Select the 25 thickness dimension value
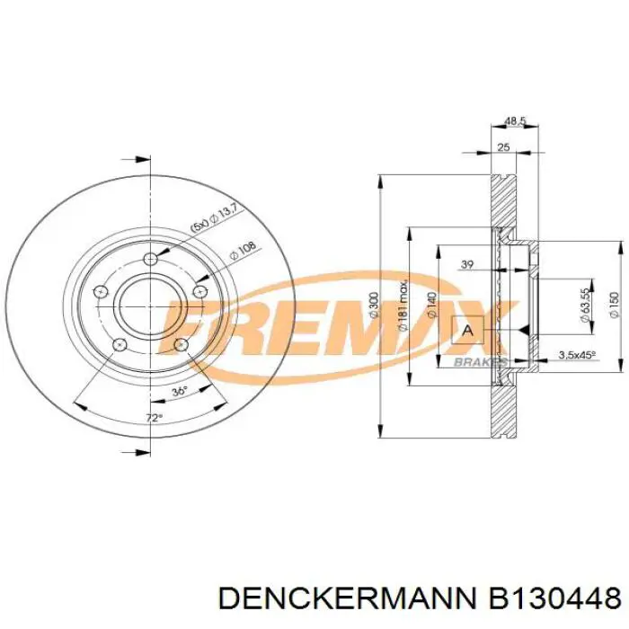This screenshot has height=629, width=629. [503, 146]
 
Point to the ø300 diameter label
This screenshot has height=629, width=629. [374, 306]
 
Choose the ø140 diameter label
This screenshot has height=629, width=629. [432, 306]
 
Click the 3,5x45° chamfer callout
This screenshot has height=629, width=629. [577, 355]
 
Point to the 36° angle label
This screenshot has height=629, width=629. [179, 391]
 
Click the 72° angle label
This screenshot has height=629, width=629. [154, 418]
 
